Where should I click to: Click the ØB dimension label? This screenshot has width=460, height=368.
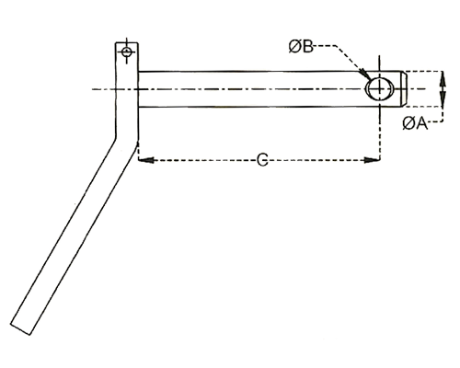pyautogui.click(x=301, y=47)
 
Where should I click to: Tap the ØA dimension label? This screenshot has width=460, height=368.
pyautogui.click(x=415, y=123)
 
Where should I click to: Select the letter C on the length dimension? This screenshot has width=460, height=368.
pyautogui.click(x=262, y=160)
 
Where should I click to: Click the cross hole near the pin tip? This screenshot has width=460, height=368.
pyautogui.click(x=379, y=89)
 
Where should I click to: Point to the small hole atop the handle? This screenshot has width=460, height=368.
pyautogui.click(x=126, y=52)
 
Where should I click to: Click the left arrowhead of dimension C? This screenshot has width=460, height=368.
pyautogui.click(x=146, y=160)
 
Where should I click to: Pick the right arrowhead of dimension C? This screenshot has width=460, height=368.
pyautogui.click(x=372, y=160)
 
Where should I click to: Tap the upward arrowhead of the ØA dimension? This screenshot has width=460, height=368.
pyautogui.click(x=443, y=78)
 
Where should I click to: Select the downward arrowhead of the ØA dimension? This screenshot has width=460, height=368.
pyautogui.click(x=443, y=99)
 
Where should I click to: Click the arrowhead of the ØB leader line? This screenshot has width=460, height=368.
pyautogui.click(x=363, y=74)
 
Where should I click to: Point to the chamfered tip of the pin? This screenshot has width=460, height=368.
pyautogui.click(x=404, y=89)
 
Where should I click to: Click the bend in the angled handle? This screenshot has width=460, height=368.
pyautogui.click(x=126, y=140)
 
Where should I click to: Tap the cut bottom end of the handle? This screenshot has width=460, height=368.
pyautogui.click(x=21, y=328)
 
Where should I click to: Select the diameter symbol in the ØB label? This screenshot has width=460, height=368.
pyautogui.click(x=294, y=47)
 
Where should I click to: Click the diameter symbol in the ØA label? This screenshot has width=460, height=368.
pyautogui.click(x=408, y=123)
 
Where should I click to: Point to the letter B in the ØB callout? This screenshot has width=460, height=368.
pyautogui.click(x=307, y=47)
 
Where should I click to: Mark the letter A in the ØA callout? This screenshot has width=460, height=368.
pyautogui.click(x=421, y=123)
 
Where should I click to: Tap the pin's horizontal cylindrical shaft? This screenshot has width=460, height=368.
pyautogui.click(x=270, y=89)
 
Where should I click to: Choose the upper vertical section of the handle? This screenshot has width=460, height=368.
pyautogui.click(x=127, y=92)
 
